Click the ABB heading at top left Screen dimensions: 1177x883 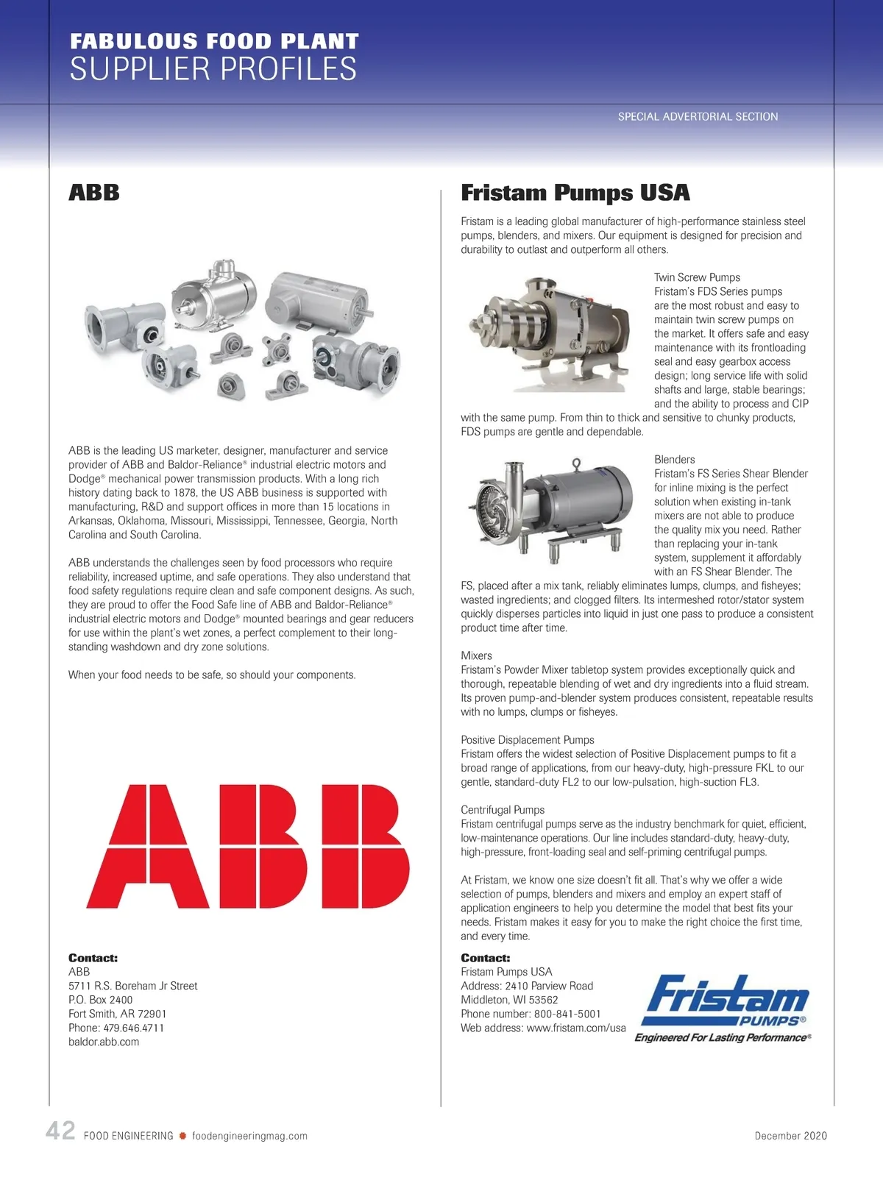[x=94, y=193]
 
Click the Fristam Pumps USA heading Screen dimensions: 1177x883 [x=575, y=193]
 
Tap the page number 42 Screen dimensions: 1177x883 [x=60, y=1131]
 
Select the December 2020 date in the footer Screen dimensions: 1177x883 [x=790, y=1136]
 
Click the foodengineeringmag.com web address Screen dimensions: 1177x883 [x=249, y=1136]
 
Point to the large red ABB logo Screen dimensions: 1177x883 [x=248, y=846]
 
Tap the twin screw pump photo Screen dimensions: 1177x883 [x=550, y=335]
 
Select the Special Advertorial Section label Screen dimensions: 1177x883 [x=698, y=116]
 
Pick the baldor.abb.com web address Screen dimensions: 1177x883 [x=104, y=1042]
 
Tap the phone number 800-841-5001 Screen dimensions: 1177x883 [x=567, y=1014]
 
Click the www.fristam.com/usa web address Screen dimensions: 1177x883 [x=576, y=1028]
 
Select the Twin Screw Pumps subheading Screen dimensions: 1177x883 [x=697, y=277]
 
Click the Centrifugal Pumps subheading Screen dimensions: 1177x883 [x=503, y=810]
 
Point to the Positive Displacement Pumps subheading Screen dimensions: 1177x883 [x=528, y=740]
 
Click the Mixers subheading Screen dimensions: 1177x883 [x=476, y=655]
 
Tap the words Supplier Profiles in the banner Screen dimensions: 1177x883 [x=213, y=69]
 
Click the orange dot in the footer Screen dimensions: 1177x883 [x=182, y=1136]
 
